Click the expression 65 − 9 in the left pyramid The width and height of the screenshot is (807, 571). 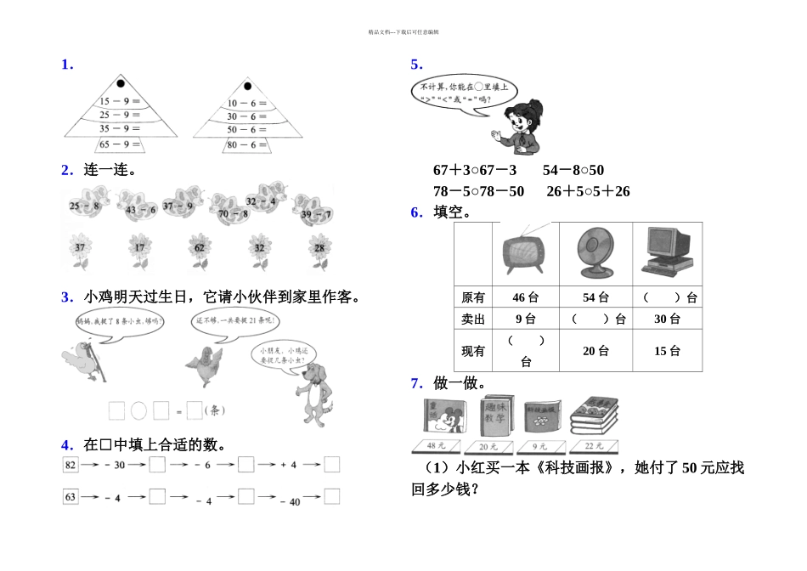[x=120, y=144]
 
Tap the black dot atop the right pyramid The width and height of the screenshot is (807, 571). [x=247, y=86]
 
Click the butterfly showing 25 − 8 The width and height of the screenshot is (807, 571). [x=86, y=206]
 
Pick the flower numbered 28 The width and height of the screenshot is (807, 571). [x=319, y=249]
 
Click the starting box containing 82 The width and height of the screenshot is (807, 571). [x=71, y=465]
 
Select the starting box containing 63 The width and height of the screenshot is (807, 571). [x=71, y=496]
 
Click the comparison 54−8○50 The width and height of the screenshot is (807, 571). [x=573, y=171]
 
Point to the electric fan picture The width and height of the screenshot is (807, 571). [x=595, y=252]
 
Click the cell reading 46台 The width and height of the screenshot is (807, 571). [x=526, y=298]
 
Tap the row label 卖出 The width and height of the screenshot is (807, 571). [x=473, y=319]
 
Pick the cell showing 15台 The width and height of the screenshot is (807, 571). [x=668, y=350]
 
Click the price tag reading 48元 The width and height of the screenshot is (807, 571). [x=436, y=445]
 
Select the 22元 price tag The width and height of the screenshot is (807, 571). [x=594, y=445]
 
